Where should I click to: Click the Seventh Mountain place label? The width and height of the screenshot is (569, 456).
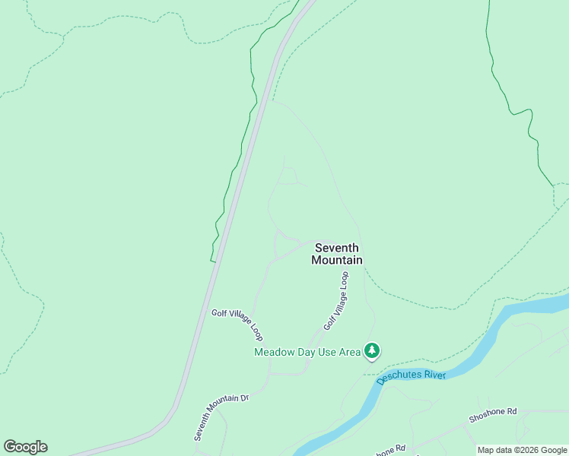pos(337,254)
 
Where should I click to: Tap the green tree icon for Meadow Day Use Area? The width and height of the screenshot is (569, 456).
pos(372,350)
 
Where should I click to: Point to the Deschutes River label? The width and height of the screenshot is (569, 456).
pos(411,369)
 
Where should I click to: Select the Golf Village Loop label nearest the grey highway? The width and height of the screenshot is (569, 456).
pos(237,325)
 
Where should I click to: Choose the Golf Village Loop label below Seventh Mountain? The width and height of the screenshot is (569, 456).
pos(336,302)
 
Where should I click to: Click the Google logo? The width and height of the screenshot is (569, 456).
pos(25,447)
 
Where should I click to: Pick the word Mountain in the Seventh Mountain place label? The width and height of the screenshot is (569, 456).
pos(337,260)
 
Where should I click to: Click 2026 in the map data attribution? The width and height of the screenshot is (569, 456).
pos(522,450)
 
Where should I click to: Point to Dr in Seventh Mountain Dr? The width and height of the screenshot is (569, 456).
pos(244,397)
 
